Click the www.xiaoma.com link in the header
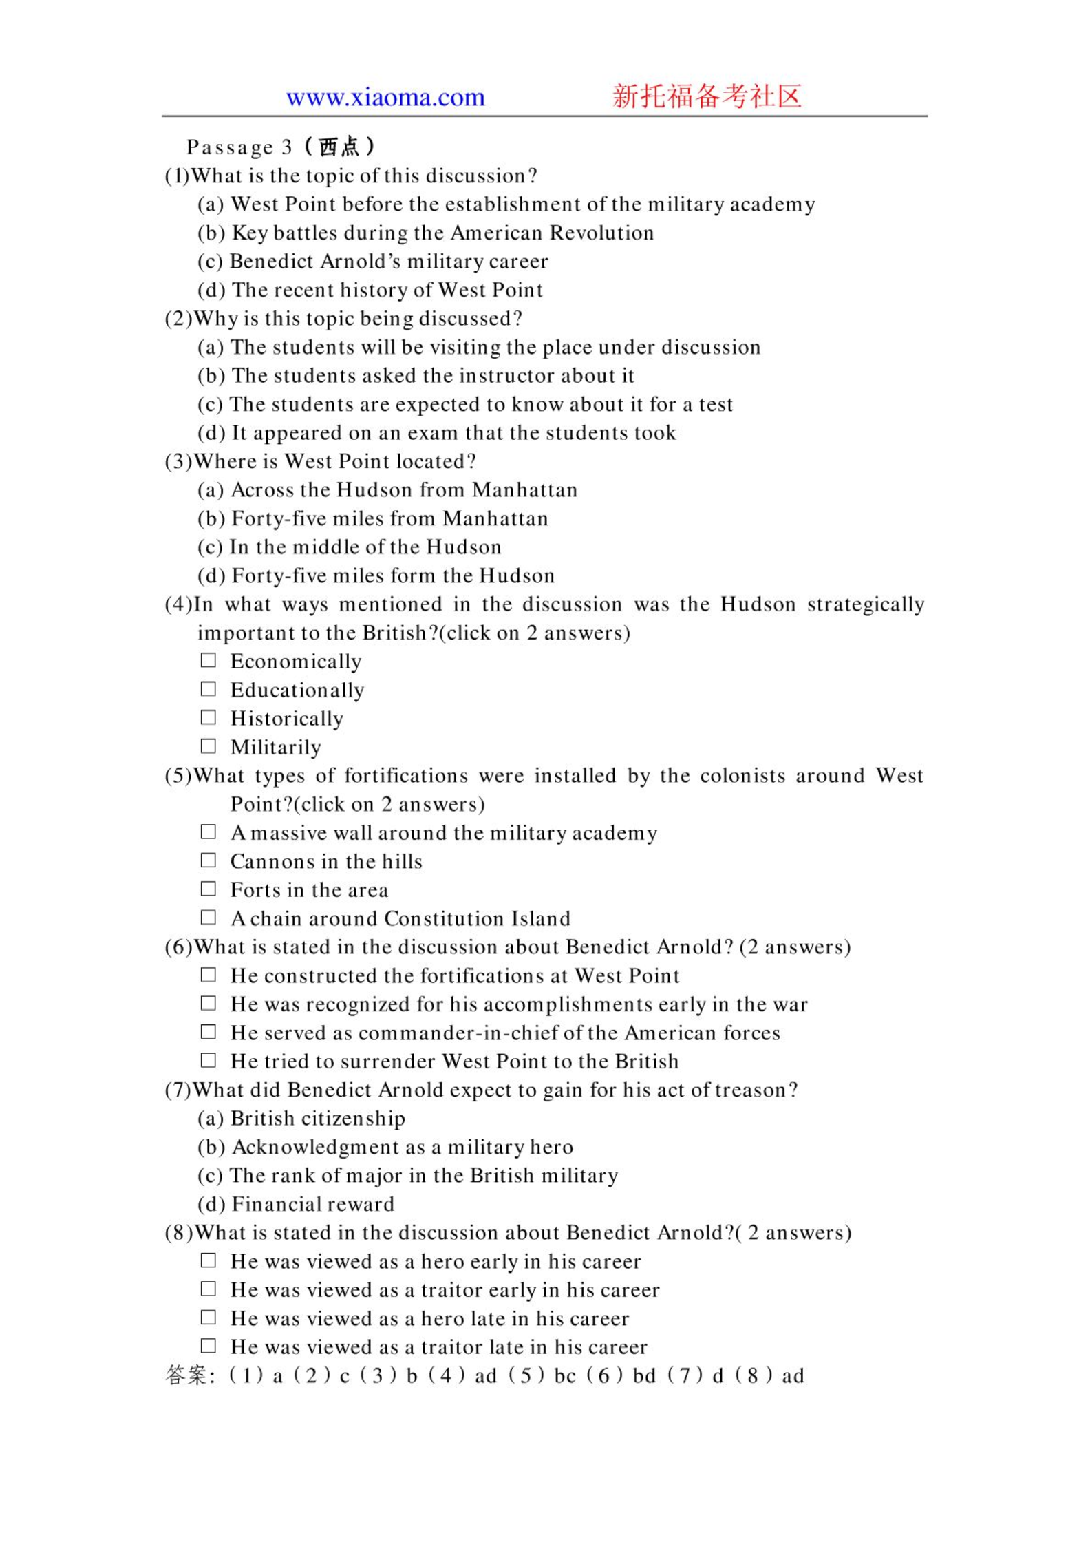(x=385, y=97)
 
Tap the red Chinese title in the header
(x=707, y=96)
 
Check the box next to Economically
(x=208, y=660)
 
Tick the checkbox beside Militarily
(x=208, y=746)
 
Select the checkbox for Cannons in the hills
(x=208, y=860)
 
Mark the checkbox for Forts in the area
(x=208, y=889)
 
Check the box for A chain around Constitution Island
(x=208, y=918)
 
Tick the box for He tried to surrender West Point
(x=208, y=1060)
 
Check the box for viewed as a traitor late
(x=208, y=1346)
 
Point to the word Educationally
(x=297, y=690)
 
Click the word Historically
(x=287, y=719)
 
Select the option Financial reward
(x=312, y=1203)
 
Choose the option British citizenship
(x=317, y=1118)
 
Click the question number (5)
(x=178, y=776)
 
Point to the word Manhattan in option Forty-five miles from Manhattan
(x=495, y=518)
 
